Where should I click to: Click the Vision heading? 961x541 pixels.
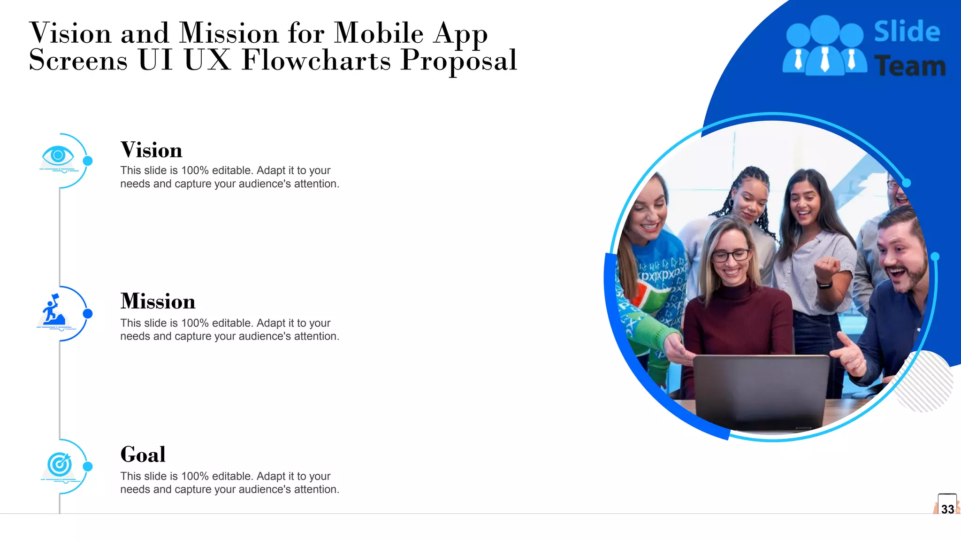coord(151,150)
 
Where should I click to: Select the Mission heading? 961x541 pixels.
coord(158,301)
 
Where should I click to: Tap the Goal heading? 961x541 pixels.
coord(143,455)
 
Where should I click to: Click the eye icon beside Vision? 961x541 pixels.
coord(58,155)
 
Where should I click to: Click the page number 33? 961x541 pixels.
coord(947,509)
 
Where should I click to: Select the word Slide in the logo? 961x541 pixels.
coord(907,32)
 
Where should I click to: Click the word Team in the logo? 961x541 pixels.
coord(910,66)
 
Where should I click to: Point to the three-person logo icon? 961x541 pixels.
coord(824,47)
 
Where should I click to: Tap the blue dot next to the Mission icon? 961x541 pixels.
coord(88,314)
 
